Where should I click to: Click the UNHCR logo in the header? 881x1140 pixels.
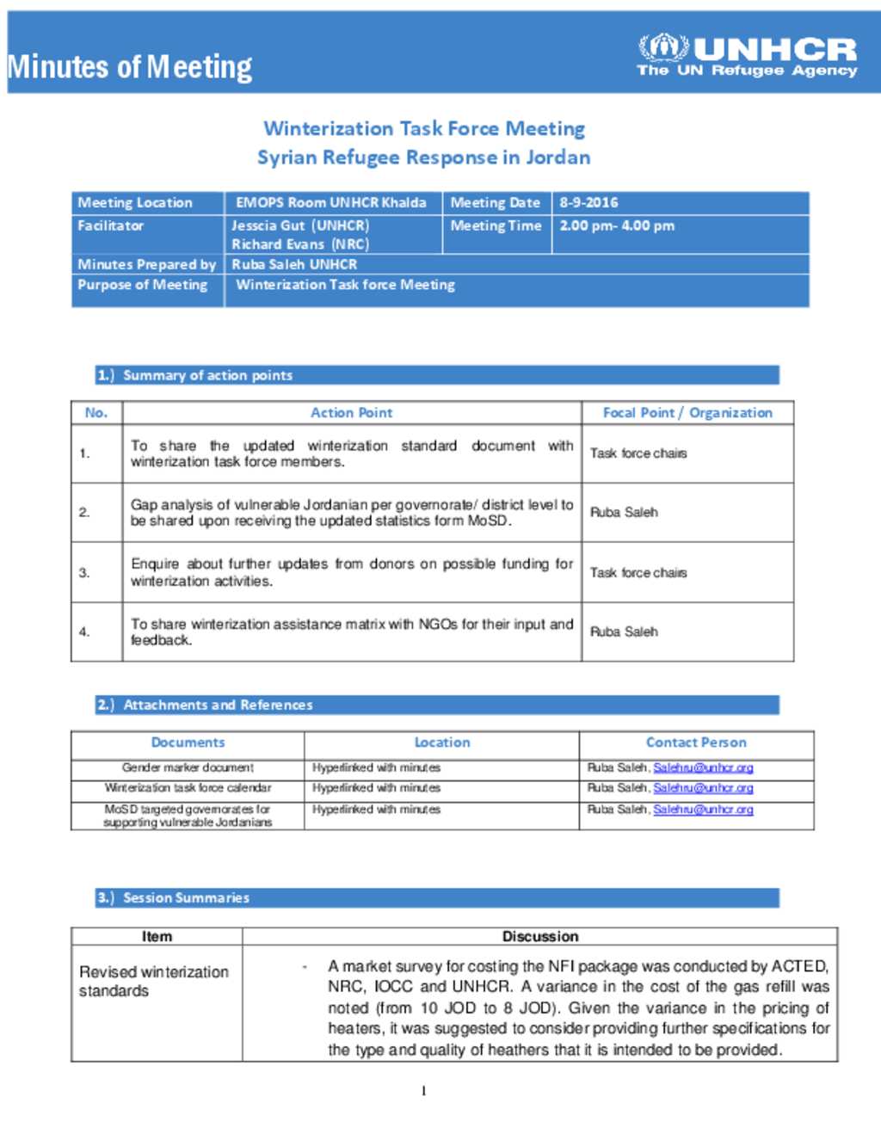click(x=747, y=56)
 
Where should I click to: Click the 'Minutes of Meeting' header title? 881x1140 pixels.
click(x=129, y=67)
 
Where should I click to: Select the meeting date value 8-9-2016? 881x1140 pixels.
click(x=588, y=203)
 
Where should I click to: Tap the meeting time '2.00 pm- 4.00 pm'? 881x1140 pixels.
click(x=617, y=226)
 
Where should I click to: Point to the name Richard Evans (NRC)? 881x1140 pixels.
click(x=299, y=244)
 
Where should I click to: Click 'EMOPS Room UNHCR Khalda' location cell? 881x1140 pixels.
click(x=331, y=203)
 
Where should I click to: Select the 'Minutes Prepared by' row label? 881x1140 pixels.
click(x=146, y=265)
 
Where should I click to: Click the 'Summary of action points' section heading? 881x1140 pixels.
click(x=207, y=376)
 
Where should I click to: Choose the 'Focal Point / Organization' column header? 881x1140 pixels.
click(x=687, y=413)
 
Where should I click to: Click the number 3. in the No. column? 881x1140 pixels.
click(x=84, y=573)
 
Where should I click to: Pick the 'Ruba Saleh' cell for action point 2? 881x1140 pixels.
click(x=624, y=513)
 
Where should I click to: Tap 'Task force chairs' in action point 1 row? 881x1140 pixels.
click(x=638, y=453)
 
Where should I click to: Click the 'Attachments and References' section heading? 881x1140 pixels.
click(x=218, y=706)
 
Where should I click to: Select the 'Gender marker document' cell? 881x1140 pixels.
click(x=188, y=767)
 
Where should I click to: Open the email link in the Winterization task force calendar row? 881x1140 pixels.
click(x=703, y=788)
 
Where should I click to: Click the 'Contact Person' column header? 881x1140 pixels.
click(x=695, y=743)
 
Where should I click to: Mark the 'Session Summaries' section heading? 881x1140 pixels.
click(x=186, y=898)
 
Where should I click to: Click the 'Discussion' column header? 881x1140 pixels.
click(x=539, y=936)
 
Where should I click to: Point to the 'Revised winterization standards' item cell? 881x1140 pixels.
click(x=154, y=982)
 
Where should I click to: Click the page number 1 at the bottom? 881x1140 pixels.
click(x=423, y=1091)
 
